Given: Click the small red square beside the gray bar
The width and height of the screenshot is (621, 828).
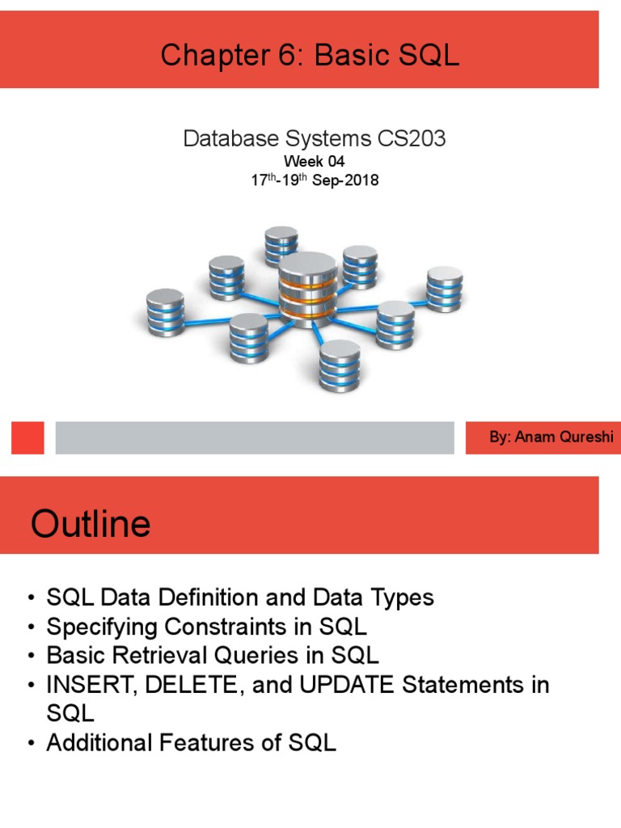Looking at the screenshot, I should [x=27, y=437].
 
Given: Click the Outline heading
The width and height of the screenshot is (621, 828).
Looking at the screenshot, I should [x=91, y=524].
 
